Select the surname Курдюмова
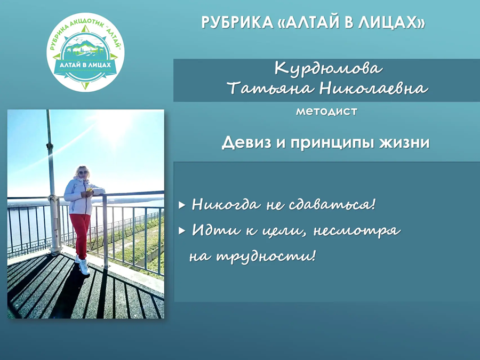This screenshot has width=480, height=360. pyautogui.click(x=329, y=69)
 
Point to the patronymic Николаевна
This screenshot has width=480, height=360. pyautogui.click(x=373, y=88)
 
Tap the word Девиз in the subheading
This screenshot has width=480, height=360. pyautogui.click(x=243, y=142)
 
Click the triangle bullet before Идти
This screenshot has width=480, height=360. pyautogui.click(x=182, y=230)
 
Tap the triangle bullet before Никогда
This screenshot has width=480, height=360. pyautogui.click(x=182, y=205)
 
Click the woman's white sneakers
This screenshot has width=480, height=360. pyautogui.click(x=83, y=266)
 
